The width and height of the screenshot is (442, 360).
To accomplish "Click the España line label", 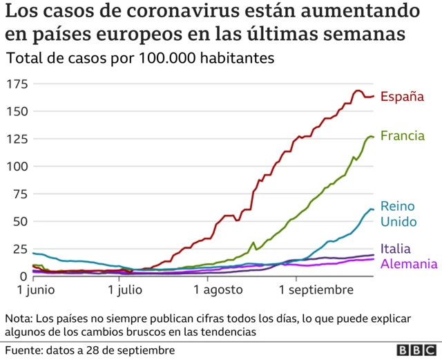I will pyautogui.click(x=402, y=97).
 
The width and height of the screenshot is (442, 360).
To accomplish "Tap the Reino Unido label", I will pyautogui.click(x=398, y=214).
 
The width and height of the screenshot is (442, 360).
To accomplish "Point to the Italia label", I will pyautogui.click(x=395, y=249).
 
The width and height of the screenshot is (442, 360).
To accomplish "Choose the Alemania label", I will pyautogui.click(x=408, y=264).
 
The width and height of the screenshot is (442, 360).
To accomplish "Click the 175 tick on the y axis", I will pyautogui.click(x=17, y=84).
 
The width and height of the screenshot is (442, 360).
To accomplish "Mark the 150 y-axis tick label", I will pyautogui.click(x=17, y=111).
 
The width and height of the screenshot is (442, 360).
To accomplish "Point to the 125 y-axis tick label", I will pyautogui.click(x=17, y=139).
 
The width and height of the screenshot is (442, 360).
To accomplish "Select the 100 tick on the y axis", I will pyautogui.click(x=17, y=167).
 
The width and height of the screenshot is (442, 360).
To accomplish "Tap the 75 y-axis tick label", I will pyautogui.click(x=20, y=194).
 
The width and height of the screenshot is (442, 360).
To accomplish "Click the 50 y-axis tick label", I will pyautogui.click(x=20, y=222).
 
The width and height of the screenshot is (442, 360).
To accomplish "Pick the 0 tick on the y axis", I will pyautogui.click(x=23, y=276).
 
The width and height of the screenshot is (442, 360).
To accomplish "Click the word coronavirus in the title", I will pyautogui.click(x=206, y=12).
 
